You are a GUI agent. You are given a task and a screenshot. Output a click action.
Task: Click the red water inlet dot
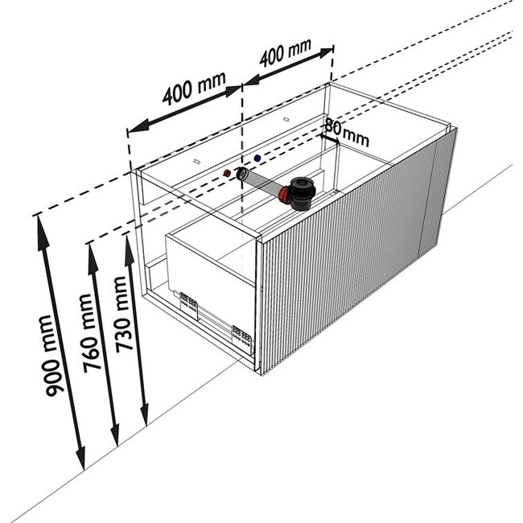click(x=228, y=174)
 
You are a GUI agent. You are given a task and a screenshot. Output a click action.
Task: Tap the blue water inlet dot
click(x=256, y=159)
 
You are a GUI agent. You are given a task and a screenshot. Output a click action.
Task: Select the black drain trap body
click(x=301, y=191)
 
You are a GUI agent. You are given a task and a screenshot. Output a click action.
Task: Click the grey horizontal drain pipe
click(x=261, y=183)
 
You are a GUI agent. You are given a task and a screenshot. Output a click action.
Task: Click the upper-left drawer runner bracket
click(x=191, y=302)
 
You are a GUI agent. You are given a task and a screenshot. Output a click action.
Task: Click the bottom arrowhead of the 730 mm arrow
click(x=145, y=420)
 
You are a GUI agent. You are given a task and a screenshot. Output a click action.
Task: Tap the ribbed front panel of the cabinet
click(x=346, y=249)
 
